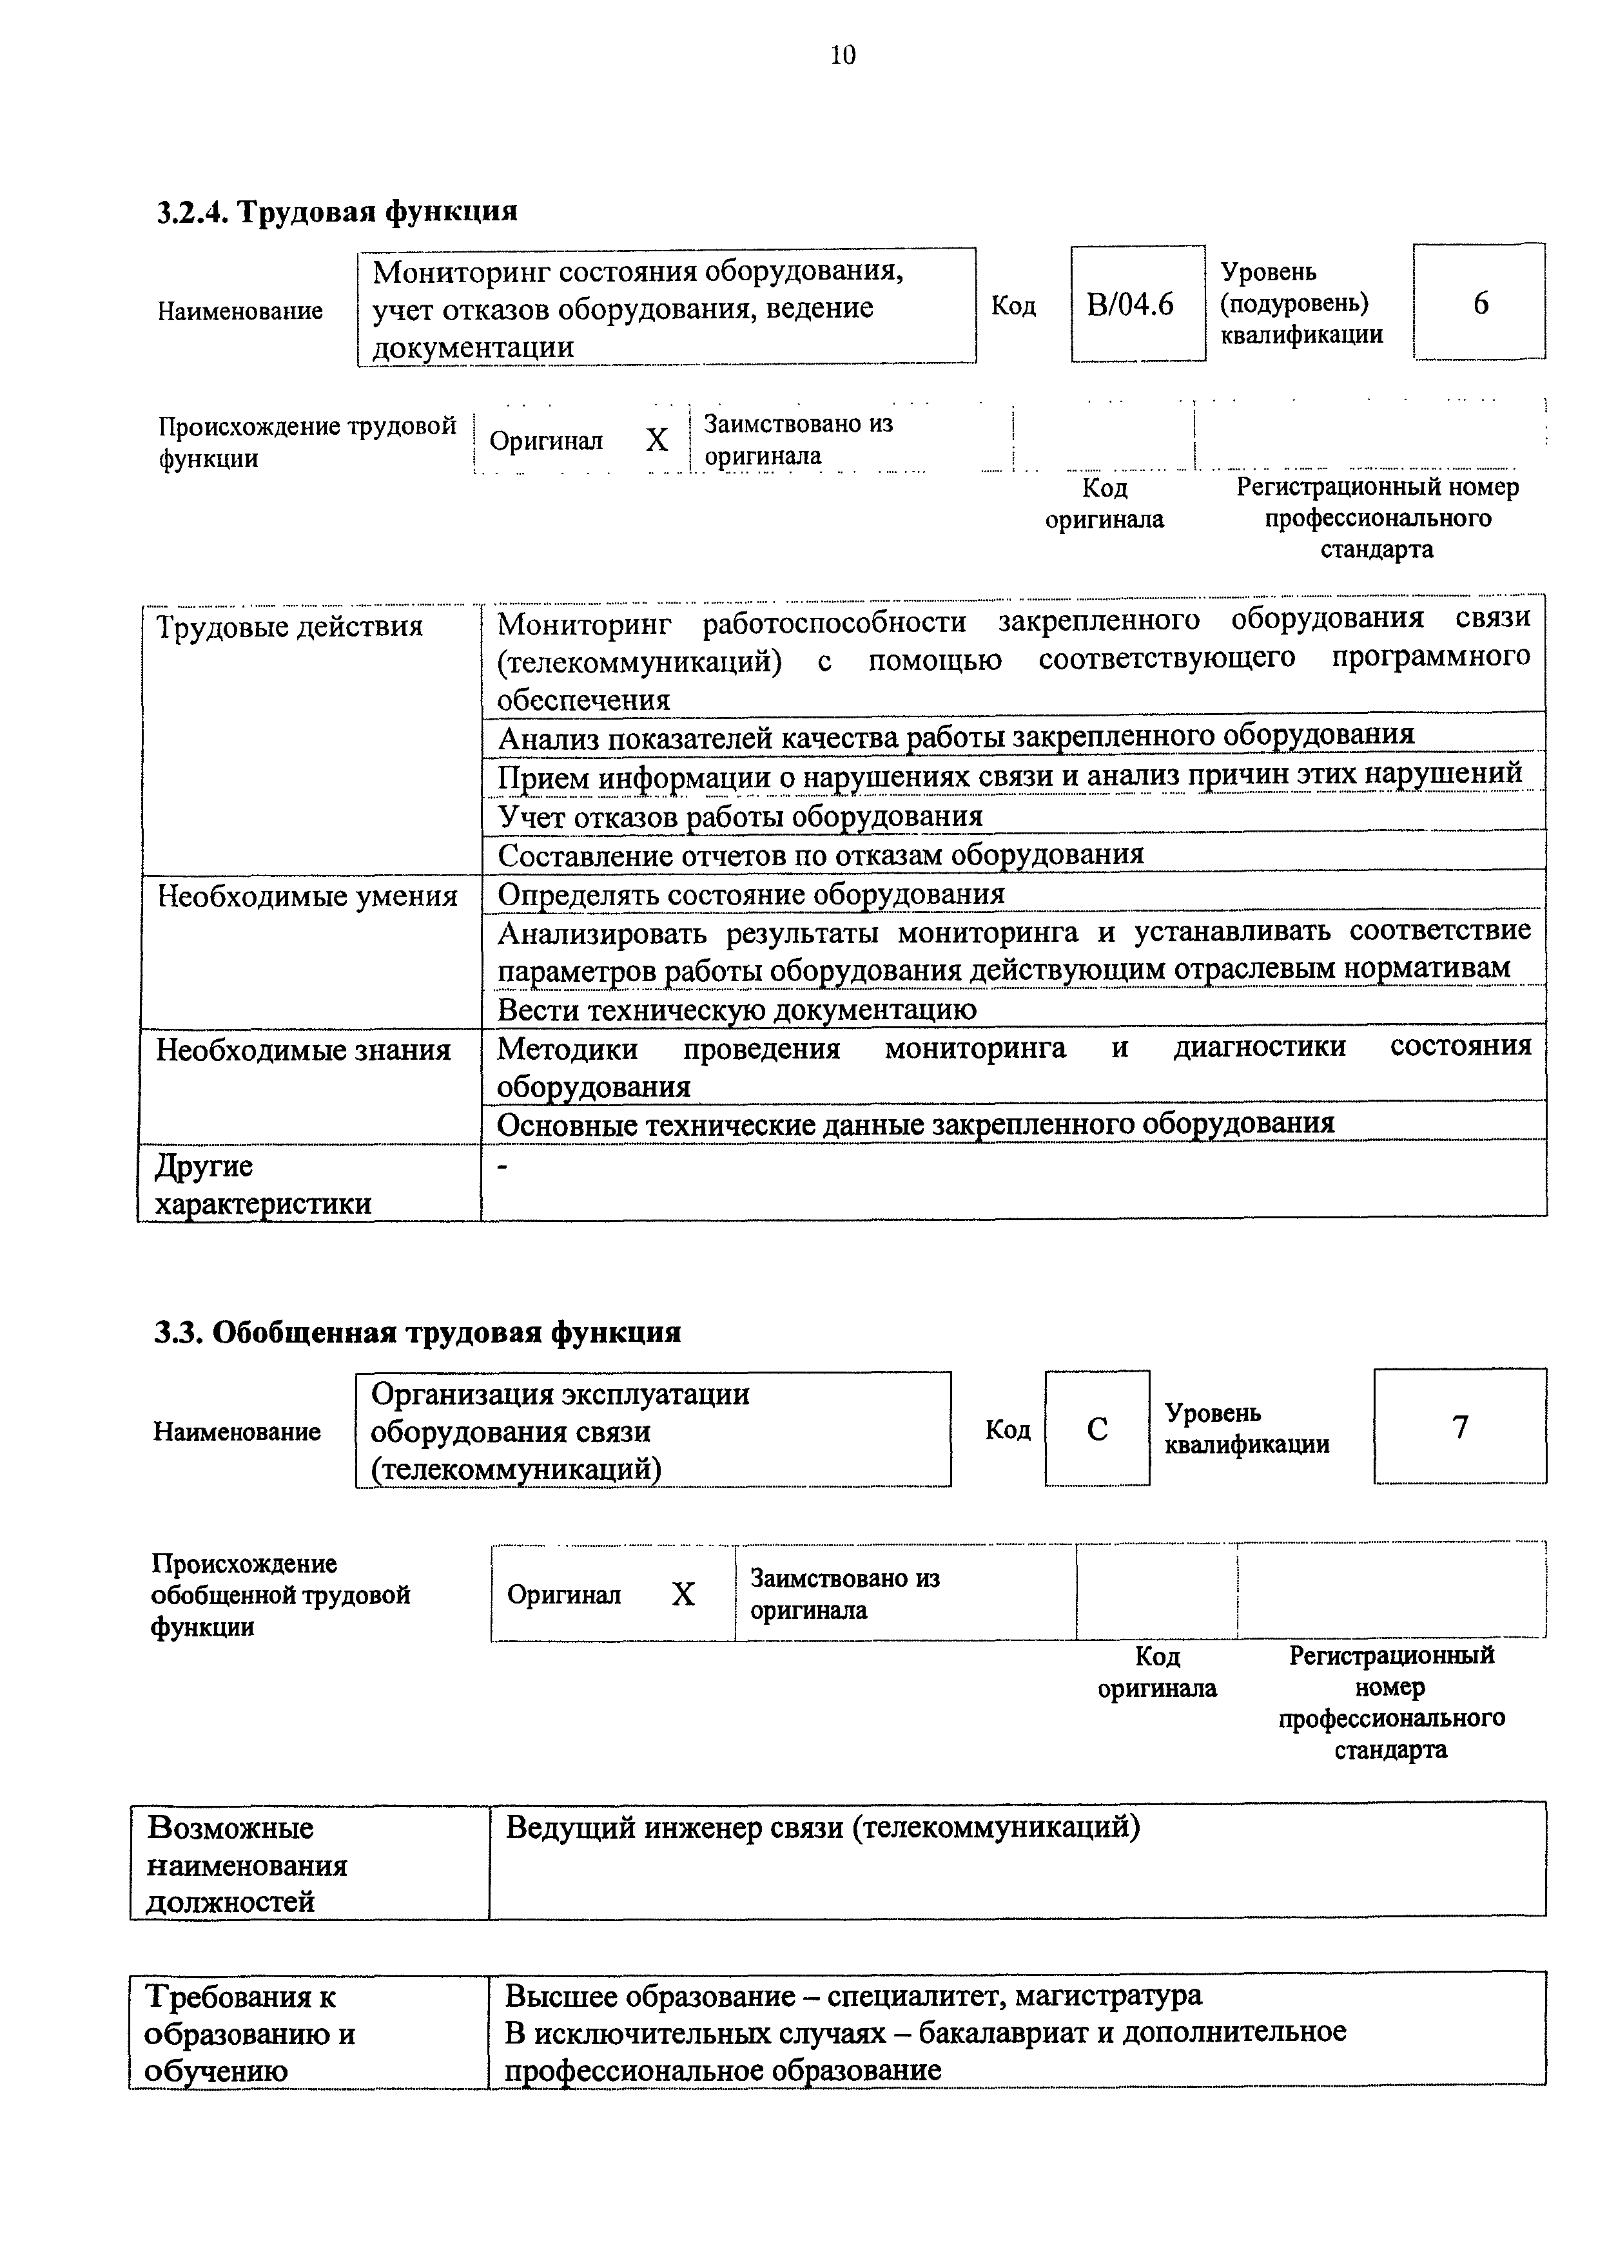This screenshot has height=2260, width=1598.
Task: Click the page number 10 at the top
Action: tap(843, 56)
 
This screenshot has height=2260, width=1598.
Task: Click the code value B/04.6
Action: tap(1130, 304)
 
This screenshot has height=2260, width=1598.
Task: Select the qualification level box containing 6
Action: tap(1479, 302)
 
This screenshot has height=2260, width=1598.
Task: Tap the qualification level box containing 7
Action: tap(1459, 1426)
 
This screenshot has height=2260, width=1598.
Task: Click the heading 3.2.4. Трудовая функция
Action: tap(336, 211)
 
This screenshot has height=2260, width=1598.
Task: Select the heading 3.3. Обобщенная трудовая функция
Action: tap(418, 1332)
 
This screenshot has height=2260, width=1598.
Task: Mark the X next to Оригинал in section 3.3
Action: tap(683, 1594)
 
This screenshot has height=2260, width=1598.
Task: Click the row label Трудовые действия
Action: tap(289, 626)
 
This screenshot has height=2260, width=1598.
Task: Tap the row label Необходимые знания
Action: tap(303, 1050)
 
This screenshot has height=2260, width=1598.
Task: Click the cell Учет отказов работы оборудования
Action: tap(739, 816)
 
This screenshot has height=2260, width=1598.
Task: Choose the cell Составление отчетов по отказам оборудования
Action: tap(820, 854)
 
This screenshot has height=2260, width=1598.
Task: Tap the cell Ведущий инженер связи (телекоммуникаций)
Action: tap(822, 1827)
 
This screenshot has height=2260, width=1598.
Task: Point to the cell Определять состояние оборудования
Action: tap(750, 894)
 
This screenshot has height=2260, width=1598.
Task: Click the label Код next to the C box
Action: tap(1008, 1429)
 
